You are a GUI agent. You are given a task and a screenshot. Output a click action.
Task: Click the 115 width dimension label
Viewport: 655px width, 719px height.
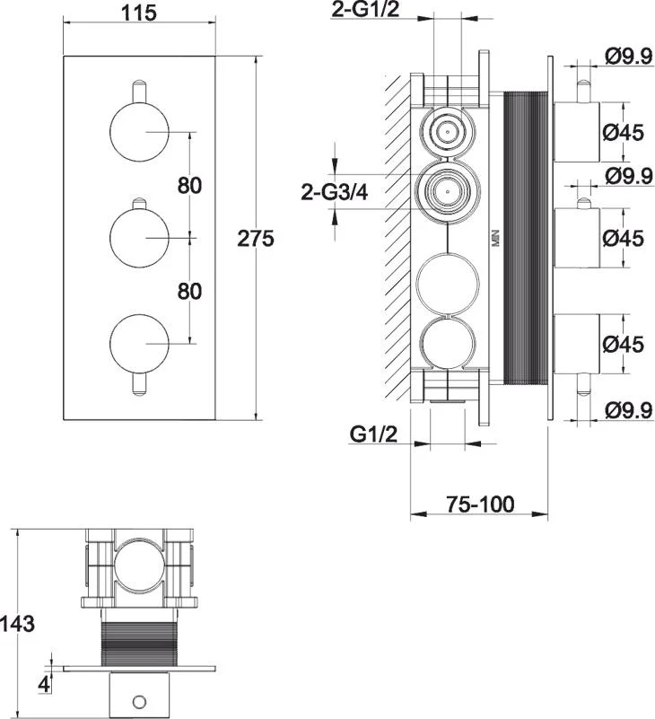[x=139, y=13]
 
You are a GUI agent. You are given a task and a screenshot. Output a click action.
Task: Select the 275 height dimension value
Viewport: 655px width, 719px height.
[x=256, y=239]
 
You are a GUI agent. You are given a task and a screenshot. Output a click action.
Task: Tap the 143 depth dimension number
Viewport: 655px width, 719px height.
[x=17, y=624]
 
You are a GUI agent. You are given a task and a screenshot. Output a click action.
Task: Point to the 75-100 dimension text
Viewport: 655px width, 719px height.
[x=480, y=504]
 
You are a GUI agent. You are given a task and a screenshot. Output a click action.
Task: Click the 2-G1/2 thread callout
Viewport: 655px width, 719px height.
[x=365, y=10]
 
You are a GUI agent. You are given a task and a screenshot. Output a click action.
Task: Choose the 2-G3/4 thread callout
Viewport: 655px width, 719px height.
[x=335, y=192]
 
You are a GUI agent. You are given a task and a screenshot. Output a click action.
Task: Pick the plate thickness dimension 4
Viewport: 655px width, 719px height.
[x=44, y=685]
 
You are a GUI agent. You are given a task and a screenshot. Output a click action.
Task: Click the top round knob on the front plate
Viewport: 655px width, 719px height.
[x=139, y=132]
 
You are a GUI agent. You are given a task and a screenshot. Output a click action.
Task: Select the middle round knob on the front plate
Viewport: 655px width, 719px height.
[x=139, y=238]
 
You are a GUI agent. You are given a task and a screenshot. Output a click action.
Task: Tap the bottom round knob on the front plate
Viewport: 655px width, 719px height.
[x=139, y=344]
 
